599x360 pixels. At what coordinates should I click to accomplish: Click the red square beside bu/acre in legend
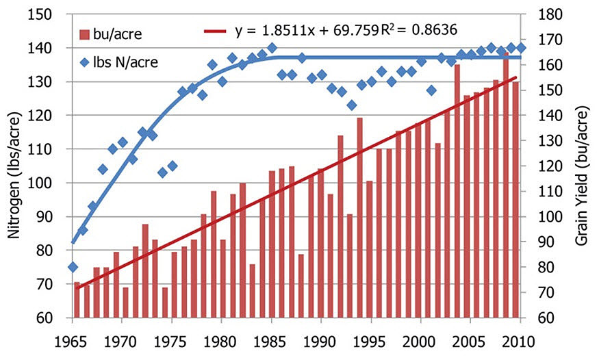(84, 34)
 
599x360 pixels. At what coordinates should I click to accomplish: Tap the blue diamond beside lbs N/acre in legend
(84, 62)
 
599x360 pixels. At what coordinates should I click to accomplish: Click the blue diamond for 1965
(73, 266)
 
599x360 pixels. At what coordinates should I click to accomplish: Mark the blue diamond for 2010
(521, 48)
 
